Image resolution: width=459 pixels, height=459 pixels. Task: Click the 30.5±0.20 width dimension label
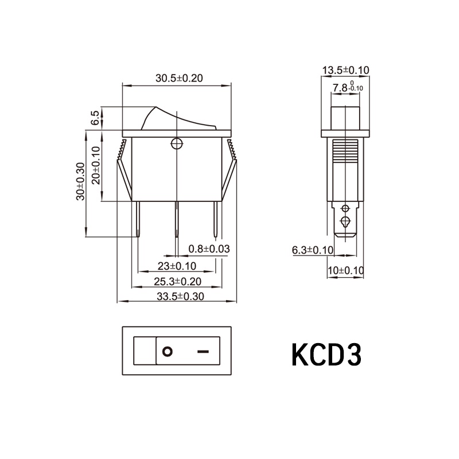(179, 78)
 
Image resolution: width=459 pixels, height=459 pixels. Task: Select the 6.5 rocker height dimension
(95, 118)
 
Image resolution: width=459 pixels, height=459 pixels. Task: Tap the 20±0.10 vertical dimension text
(96, 165)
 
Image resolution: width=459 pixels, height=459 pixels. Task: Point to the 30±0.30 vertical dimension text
(80, 181)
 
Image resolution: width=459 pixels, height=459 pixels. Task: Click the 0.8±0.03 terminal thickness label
(209, 249)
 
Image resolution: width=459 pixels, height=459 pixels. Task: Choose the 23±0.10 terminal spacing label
(177, 266)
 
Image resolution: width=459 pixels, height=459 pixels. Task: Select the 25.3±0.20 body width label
(178, 281)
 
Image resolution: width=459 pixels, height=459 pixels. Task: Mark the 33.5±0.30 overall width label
(180, 297)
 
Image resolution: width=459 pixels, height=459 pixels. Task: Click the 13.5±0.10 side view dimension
(346, 70)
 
